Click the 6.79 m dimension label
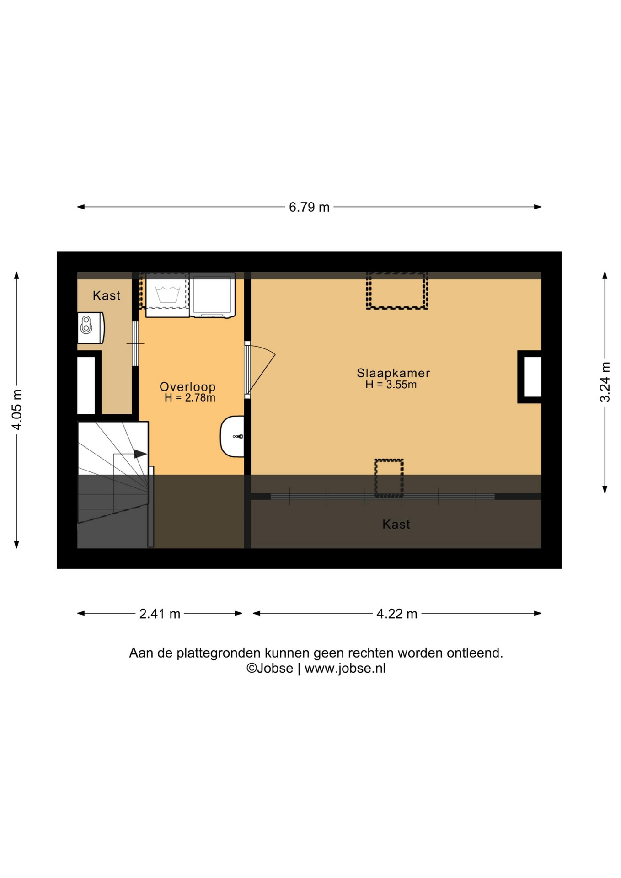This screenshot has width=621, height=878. tap(309, 207)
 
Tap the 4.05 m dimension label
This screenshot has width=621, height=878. tap(17, 410)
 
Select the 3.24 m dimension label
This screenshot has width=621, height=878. tap(605, 382)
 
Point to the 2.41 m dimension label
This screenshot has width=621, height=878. tap(160, 614)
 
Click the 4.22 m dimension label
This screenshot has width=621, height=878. tap(397, 614)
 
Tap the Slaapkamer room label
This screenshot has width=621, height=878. tap(393, 373)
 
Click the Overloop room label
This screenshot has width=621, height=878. tap(187, 387)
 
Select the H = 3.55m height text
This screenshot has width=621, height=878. tap(391, 385)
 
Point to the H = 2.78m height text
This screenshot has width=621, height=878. tap(190, 398)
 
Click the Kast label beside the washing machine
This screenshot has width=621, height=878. tap(107, 295)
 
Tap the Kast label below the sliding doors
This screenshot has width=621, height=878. tap(396, 524)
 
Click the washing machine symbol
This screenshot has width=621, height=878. tap(167, 294)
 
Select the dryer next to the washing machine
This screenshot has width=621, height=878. tap(212, 295)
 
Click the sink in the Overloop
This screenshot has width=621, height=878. tap(232, 436)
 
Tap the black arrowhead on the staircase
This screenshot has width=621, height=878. tap(140, 454)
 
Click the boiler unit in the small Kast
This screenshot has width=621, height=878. tap(91, 328)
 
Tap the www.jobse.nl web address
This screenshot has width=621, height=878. tap(345, 668)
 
